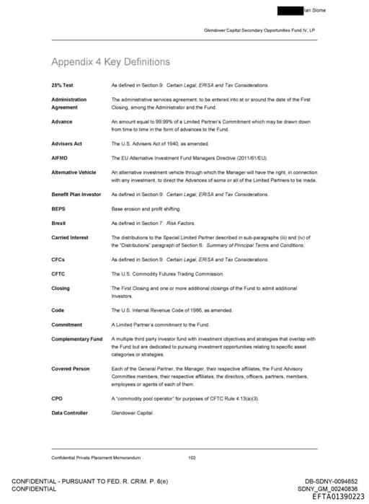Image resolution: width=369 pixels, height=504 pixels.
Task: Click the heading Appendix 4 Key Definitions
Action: pyautogui.click(x=111, y=62)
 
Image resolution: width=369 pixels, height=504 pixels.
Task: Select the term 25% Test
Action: pyautogui.click(x=62, y=86)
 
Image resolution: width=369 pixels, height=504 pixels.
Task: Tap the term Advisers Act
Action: pyautogui.click(x=66, y=143)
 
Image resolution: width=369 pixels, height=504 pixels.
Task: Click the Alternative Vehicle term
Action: pyautogui.click(x=74, y=172)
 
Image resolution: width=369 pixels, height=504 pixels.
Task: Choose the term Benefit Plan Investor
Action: pyautogui.click(x=76, y=195)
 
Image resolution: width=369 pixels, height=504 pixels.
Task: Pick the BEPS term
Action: pyautogui.click(x=58, y=209)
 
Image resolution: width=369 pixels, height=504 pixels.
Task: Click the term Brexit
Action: pyautogui.click(x=59, y=224)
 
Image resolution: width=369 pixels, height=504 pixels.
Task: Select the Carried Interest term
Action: pyautogui.click(x=70, y=237)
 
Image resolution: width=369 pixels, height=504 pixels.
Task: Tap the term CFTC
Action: pyautogui.click(x=59, y=274)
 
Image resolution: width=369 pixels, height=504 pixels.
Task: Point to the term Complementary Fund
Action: pyautogui.click(x=76, y=339)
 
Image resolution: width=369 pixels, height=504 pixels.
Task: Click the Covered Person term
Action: pyautogui.click(x=71, y=369)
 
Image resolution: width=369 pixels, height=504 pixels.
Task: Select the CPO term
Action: pyautogui.click(x=57, y=399)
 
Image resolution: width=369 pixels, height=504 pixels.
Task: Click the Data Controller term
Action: pyautogui.click(x=69, y=413)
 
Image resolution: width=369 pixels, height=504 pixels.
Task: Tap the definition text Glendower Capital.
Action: pyautogui.click(x=130, y=413)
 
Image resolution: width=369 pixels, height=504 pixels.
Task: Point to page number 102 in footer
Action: pyautogui.click(x=192, y=457)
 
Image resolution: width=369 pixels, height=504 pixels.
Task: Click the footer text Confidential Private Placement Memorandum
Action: pyautogui.click(x=96, y=457)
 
